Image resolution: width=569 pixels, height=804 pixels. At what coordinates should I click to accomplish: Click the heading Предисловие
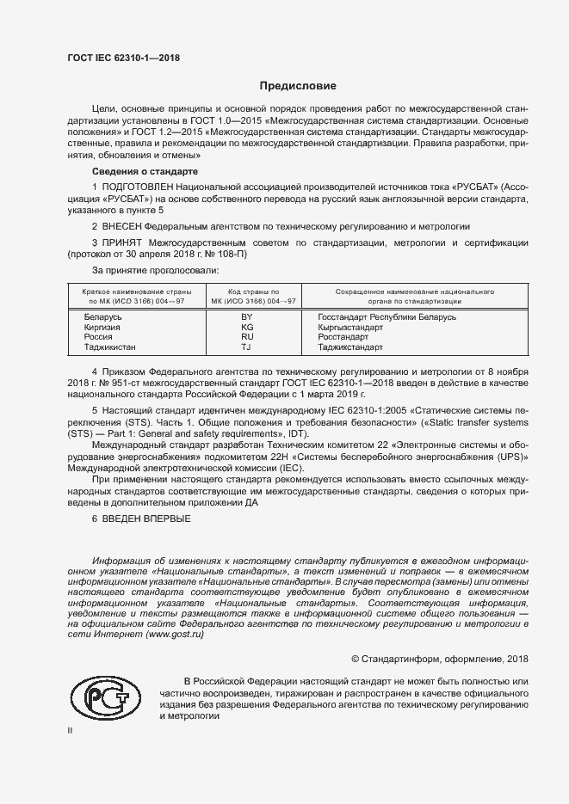[298, 86]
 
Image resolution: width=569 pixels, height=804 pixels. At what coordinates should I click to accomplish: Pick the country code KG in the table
[247, 328]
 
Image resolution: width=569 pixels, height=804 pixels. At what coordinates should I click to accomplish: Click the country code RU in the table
[247, 338]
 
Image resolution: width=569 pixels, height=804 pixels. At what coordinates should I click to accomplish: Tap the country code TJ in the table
[246, 348]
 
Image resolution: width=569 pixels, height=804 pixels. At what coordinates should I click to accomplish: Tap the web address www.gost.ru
[176, 634]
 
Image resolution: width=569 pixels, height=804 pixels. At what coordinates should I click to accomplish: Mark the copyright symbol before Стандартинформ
[356, 659]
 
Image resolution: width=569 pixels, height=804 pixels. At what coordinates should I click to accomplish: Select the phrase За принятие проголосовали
[150, 273]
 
